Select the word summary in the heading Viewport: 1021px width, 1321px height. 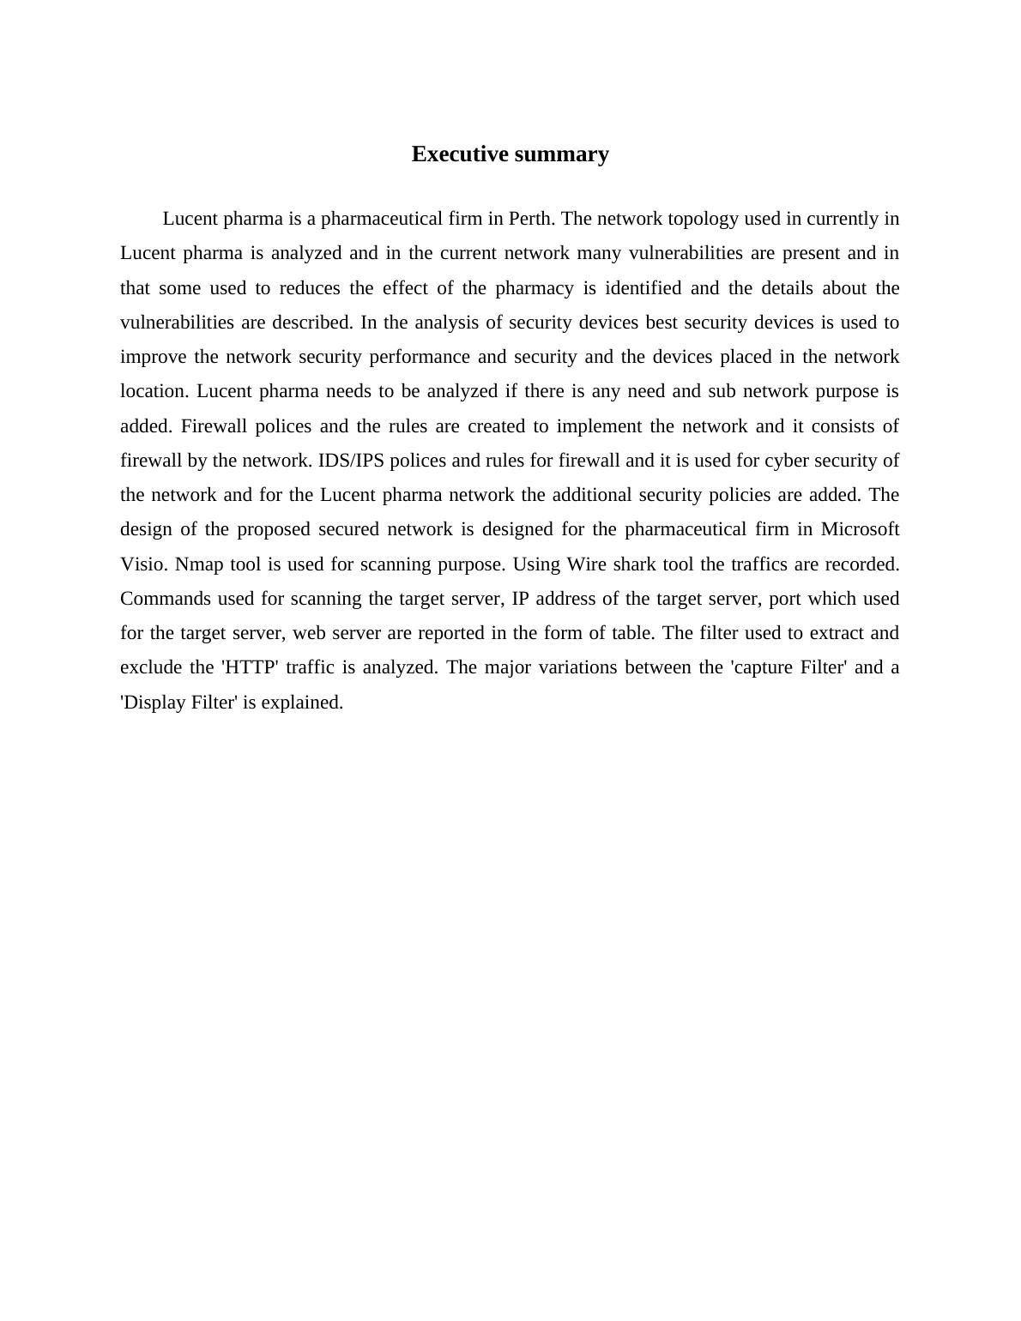coord(564,154)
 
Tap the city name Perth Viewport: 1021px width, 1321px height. coord(532,219)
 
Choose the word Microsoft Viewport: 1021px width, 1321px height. coord(860,529)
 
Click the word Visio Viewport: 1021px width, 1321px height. coord(144,564)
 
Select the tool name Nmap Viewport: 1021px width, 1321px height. coord(199,564)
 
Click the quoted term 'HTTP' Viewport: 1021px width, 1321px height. coord(251,667)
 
